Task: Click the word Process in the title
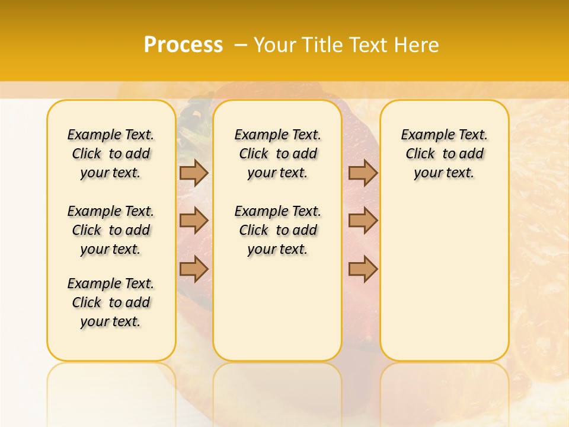click(x=183, y=45)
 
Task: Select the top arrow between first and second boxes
click(x=194, y=173)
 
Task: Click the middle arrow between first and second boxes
click(x=194, y=221)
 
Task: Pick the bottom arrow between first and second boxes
click(x=194, y=269)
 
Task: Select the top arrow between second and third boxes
click(x=363, y=173)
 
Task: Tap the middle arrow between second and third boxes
click(x=363, y=221)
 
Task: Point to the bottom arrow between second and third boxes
click(x=363, y=269)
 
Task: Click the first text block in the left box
click(x=111, y=154)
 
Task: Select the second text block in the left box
click(x=111, y=230)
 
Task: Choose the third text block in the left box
click(x=111, y=302)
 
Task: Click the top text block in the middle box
click(x=277, y=154)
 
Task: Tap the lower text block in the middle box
click(x=277, y=230)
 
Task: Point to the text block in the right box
click(x=444, y=154)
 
